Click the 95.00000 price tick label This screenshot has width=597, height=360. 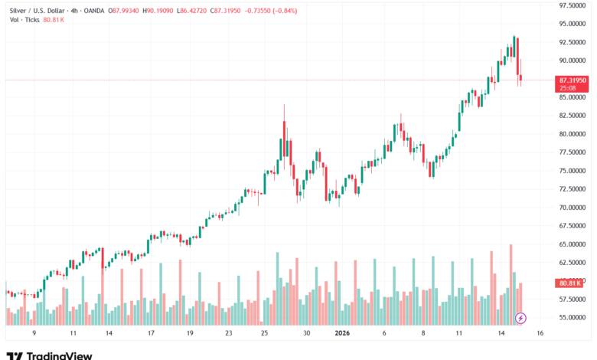click(x=573, y=24)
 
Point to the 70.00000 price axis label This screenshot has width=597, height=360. click(x=573, y=208)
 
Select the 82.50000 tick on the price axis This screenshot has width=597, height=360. click(x=573, y=116)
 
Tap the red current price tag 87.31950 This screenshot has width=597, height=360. click(x=573, y=80)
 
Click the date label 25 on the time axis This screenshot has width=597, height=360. click(x=265, y=334)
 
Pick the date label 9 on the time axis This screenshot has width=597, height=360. click(x=34, y=334)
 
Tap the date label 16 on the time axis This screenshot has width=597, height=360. click(x=540, y=334)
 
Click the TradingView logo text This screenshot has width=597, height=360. click(x=59, y=355)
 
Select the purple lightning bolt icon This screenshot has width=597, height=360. click(x=520, y=318)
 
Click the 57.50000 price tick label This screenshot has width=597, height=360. click(x=573, y=299)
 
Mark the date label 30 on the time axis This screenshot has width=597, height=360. click(x=306, y=334)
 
